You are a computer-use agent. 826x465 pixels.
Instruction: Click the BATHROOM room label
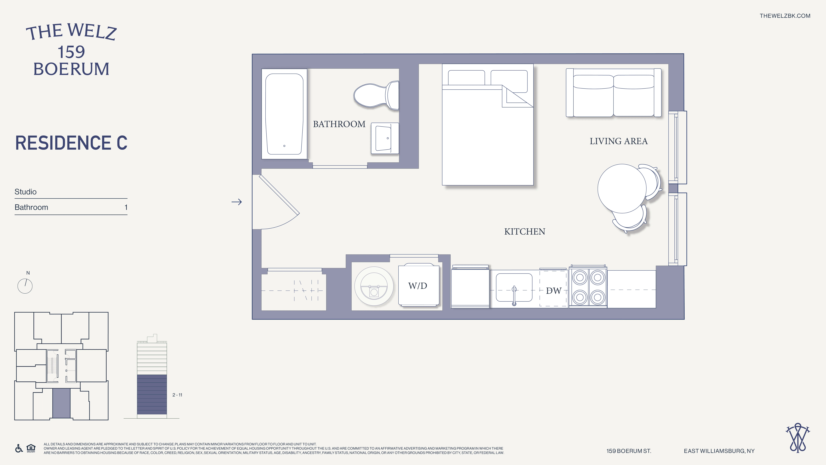[x=339, y=124]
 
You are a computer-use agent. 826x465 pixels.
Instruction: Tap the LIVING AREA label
[x=619, y=141]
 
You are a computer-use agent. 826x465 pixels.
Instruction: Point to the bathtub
[x=284, y=114]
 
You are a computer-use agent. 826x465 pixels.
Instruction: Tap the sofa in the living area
[x=613, y=93]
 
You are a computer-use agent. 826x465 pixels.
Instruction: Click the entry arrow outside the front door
[x=237, y=202]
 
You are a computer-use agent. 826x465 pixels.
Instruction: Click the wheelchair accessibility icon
[x=19, y=448]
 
